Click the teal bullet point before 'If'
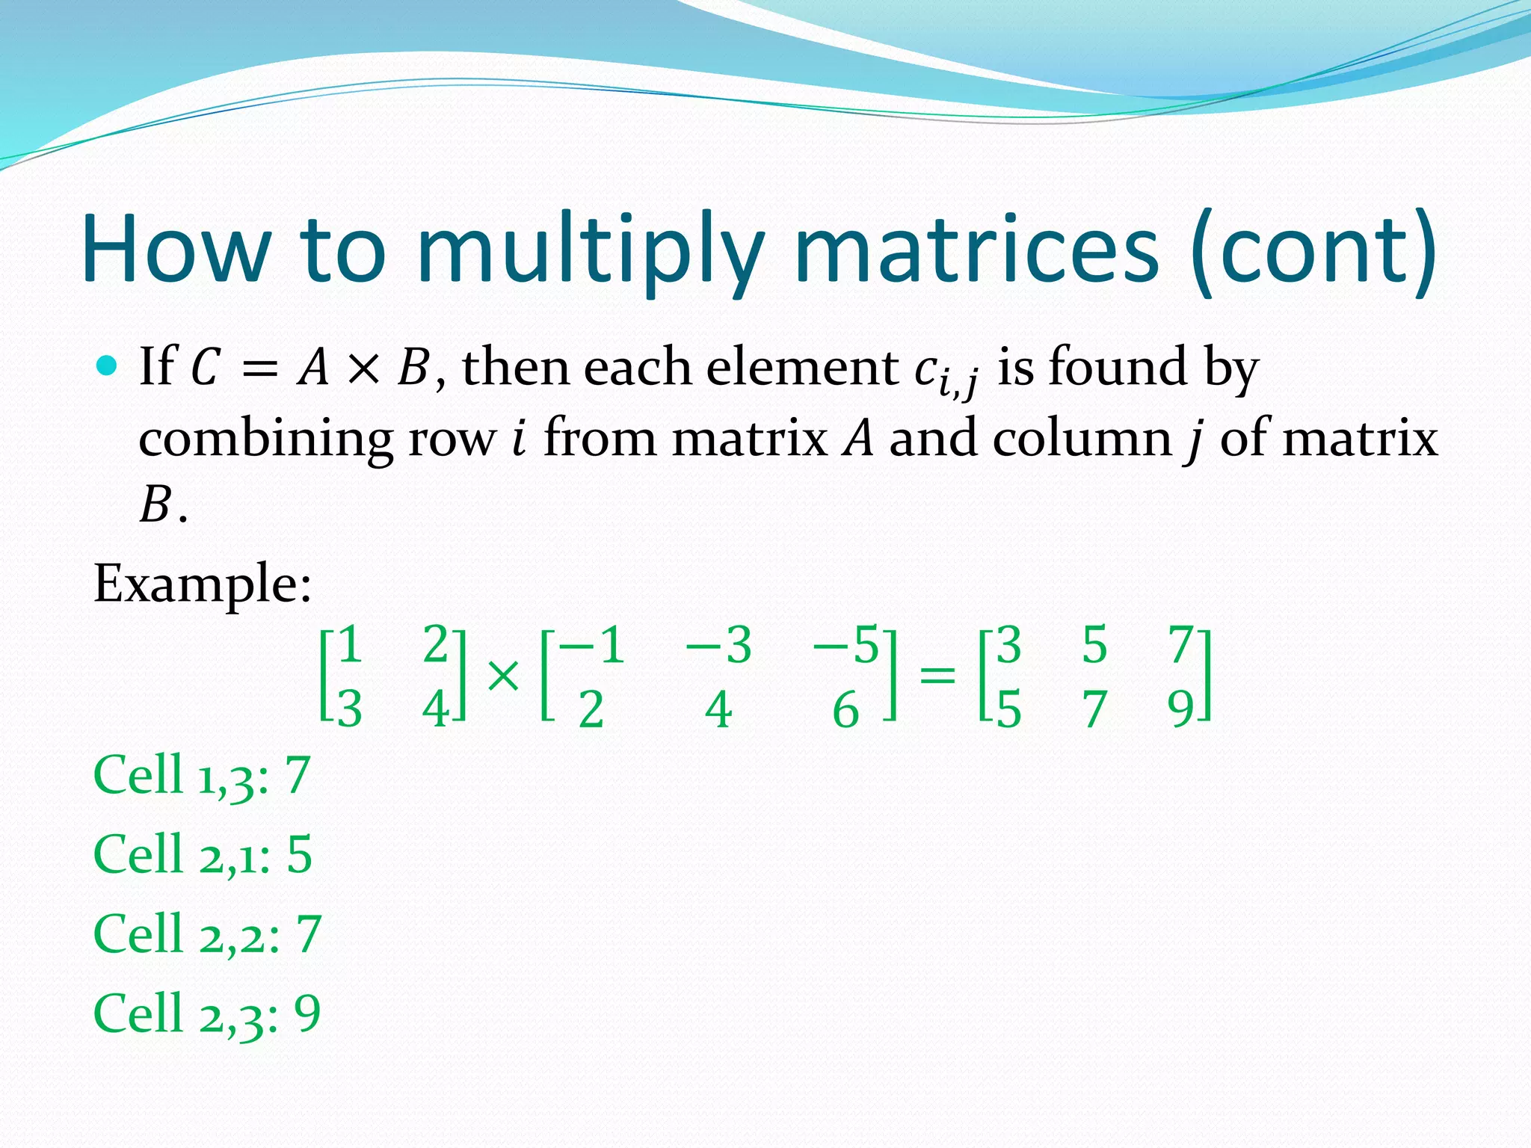point(108,366)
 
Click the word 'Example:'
point(202,584)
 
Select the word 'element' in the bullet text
point(801,367)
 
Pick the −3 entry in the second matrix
point(718,645)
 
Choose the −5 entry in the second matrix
point(846,645)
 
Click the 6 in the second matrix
point(845,710)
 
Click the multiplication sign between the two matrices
point(502,676)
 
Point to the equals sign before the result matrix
point(937,676)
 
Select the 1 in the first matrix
point(350,645)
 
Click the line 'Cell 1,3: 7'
point(201,775)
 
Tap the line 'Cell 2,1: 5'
point(202,854)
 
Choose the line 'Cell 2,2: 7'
point(206,934)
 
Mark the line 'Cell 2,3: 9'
point(206,1014)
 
